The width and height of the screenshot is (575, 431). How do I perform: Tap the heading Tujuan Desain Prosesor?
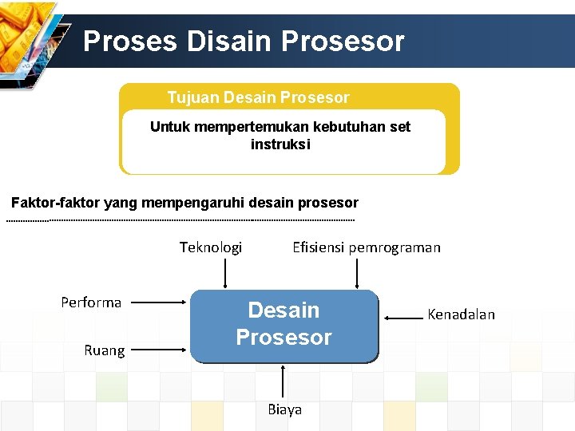click(x=258, y=97)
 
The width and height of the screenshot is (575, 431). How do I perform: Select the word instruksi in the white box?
click(x=280, y=144)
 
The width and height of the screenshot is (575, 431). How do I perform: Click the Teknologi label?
click(x=211, y=247)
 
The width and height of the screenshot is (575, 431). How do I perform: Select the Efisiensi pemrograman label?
click(x=366, y=247)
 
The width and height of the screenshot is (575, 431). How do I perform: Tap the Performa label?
click(x=91, y=302)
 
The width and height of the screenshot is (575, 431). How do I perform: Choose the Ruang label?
click(x=105, y=350)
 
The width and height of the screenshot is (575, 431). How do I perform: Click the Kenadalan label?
click(x=461, y=314)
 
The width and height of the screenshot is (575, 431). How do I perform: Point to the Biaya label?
click(x=284, y=409)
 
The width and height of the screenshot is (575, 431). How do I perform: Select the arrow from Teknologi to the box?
click(x=226, y=273)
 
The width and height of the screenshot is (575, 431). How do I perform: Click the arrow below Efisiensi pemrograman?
click(x=357, y=273)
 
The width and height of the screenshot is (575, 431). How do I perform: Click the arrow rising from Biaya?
click(x=284, y=381)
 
